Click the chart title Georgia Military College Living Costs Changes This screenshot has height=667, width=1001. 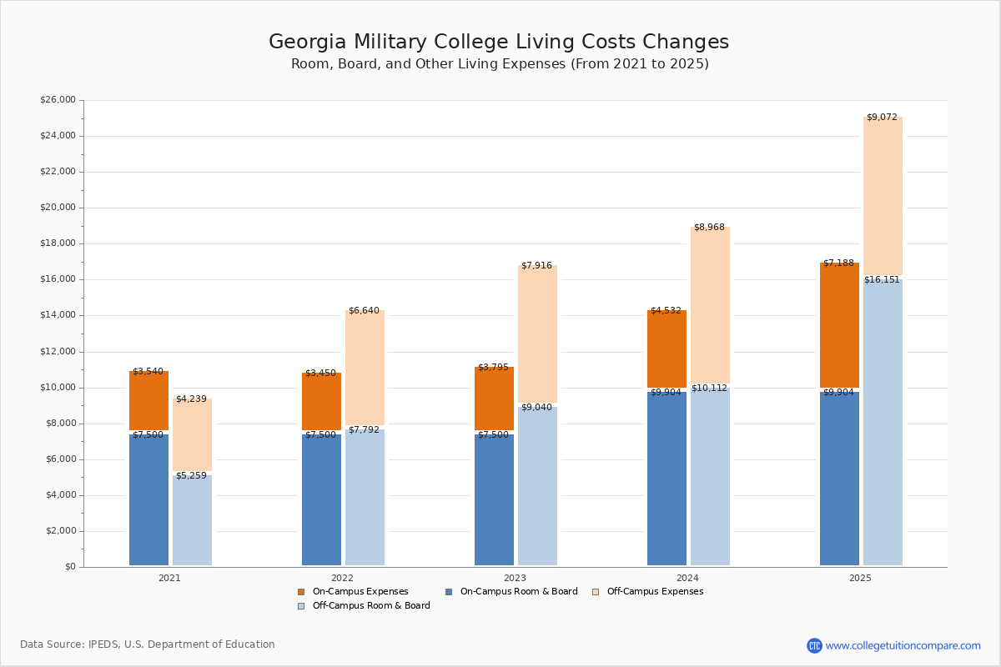[499, 43]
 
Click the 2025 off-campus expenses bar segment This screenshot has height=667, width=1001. [883, 196]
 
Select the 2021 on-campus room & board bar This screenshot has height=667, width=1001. [148, 499]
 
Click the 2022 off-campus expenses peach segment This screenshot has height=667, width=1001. [365, 368]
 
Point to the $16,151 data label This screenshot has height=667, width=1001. [882, 280]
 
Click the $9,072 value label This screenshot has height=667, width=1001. [882, 118]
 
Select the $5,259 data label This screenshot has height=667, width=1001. [191, 476]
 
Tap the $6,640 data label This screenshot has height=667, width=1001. [364, 311]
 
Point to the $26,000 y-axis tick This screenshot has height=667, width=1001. [58, 100]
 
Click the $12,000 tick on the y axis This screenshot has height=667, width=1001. [58, 352]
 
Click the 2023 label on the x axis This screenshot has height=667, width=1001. [515, 578]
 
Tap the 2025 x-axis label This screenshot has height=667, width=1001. [860, 578]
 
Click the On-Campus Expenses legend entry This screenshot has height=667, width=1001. [360, 592]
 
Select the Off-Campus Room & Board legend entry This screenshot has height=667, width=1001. [370, 606]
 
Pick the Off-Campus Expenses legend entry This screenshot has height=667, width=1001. [654, 592]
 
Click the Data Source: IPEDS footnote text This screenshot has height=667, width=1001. [148, 644]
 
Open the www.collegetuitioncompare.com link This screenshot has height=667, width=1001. [903, 645]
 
